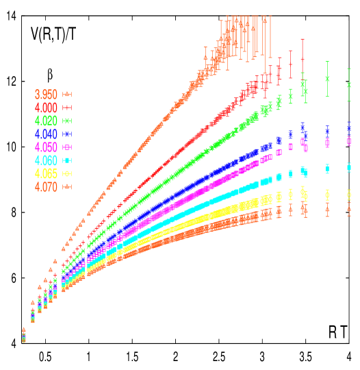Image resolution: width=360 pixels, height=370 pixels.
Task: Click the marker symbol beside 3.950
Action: tap(67, 94)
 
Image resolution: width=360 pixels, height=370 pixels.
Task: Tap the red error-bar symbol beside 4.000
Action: tap(67, 108)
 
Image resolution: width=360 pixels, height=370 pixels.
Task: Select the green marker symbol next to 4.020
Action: tap(67, 121)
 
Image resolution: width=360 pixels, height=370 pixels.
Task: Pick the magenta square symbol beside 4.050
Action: tap(67, 147)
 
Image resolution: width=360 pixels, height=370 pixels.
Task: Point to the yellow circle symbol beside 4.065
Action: tap(67, 173)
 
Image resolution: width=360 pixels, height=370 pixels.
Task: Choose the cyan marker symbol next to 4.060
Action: tap(67, 160)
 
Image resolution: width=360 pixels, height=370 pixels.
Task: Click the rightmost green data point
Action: tap(349, 85)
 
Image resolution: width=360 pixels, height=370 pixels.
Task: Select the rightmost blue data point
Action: tap(349, 128)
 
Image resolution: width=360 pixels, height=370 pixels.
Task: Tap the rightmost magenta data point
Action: tap(349, 142)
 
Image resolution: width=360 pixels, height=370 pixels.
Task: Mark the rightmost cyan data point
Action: tap(349, 166)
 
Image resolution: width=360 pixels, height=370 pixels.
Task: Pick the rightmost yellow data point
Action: tap(349, 195)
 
